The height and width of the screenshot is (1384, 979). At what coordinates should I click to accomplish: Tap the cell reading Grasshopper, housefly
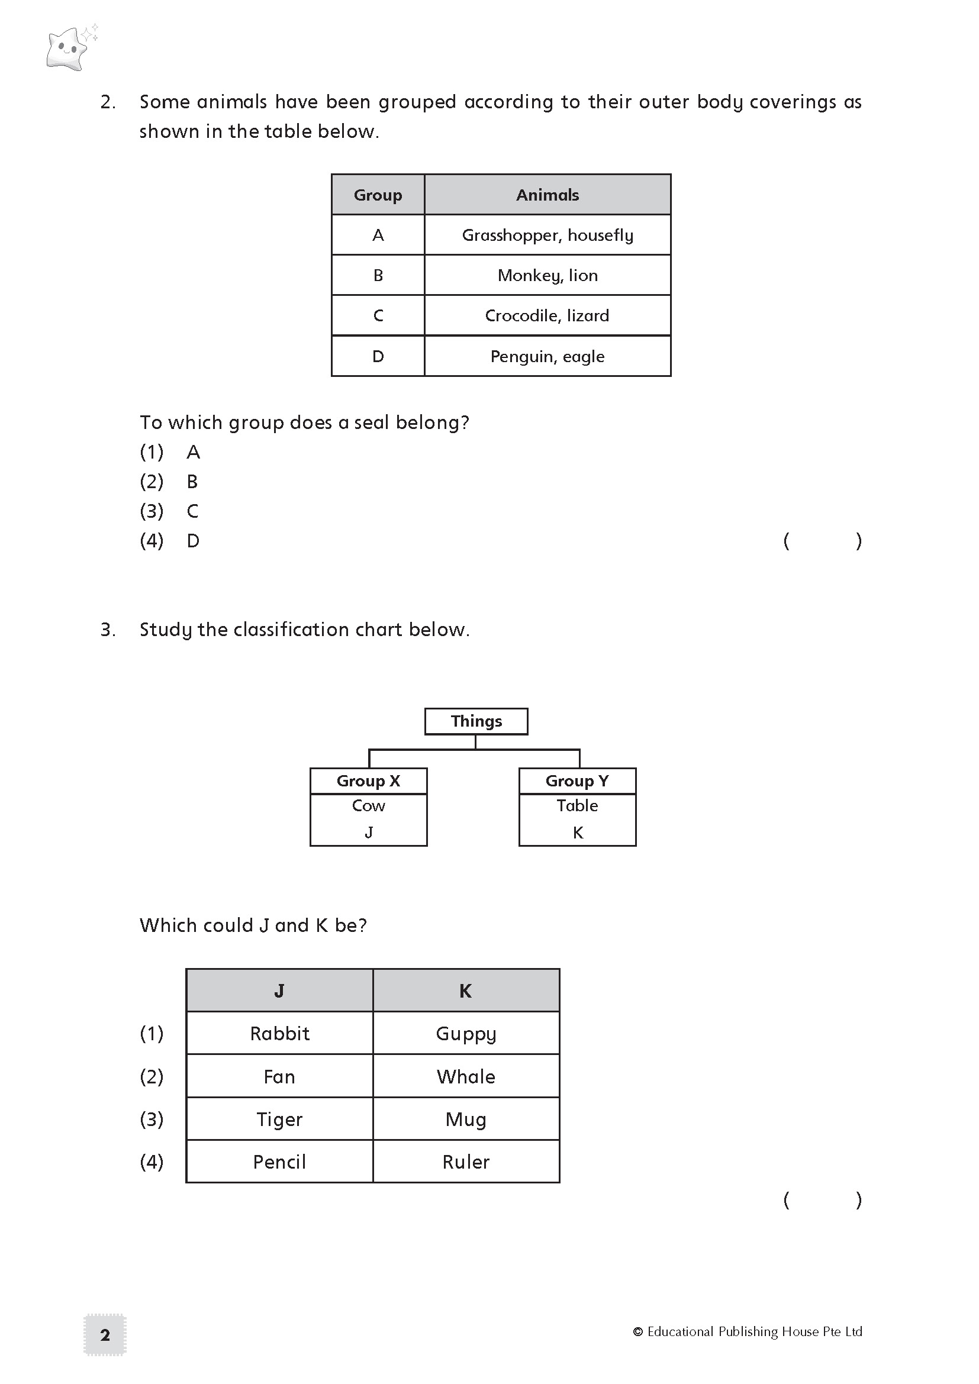click(x=548, y=235)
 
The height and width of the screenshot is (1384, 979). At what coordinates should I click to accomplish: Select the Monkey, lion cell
click(x=548, y=276)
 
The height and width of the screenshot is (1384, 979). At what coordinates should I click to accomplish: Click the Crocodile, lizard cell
click(x=548, y=316)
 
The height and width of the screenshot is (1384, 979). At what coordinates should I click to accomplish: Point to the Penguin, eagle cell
click(x=548, y=356)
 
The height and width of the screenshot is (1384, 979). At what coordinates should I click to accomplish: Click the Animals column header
click(x=548, y=195)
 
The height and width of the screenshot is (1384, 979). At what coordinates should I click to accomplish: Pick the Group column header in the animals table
click(x=378, y=195)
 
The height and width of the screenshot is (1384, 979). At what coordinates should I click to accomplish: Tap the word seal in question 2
click(x=372, y=422)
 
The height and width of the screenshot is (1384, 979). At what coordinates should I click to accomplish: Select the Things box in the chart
click(x=476, y=721)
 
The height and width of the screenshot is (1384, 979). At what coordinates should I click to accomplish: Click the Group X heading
click(x=368, y=780)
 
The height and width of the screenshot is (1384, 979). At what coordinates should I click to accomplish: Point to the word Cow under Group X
click(x=368, y=806)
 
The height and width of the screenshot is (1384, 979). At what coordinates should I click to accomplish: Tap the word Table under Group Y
click(x=577, y=806)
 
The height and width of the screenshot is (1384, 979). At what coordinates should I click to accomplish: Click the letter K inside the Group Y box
click(x=578, y=833)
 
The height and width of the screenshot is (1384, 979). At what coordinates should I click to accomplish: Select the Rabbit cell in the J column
click(x=280, y=1033)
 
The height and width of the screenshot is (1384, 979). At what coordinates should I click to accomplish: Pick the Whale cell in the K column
click(x=466, y=1076)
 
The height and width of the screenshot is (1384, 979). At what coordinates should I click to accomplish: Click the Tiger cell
click(x=280, y=1119)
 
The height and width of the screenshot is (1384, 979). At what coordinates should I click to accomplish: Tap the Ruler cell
click(x=466, y=1162)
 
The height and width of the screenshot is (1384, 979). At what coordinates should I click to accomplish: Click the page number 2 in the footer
click(x=105, y=1335)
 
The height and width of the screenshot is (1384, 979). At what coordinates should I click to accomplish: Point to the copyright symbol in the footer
click(x=638, y=1331)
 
